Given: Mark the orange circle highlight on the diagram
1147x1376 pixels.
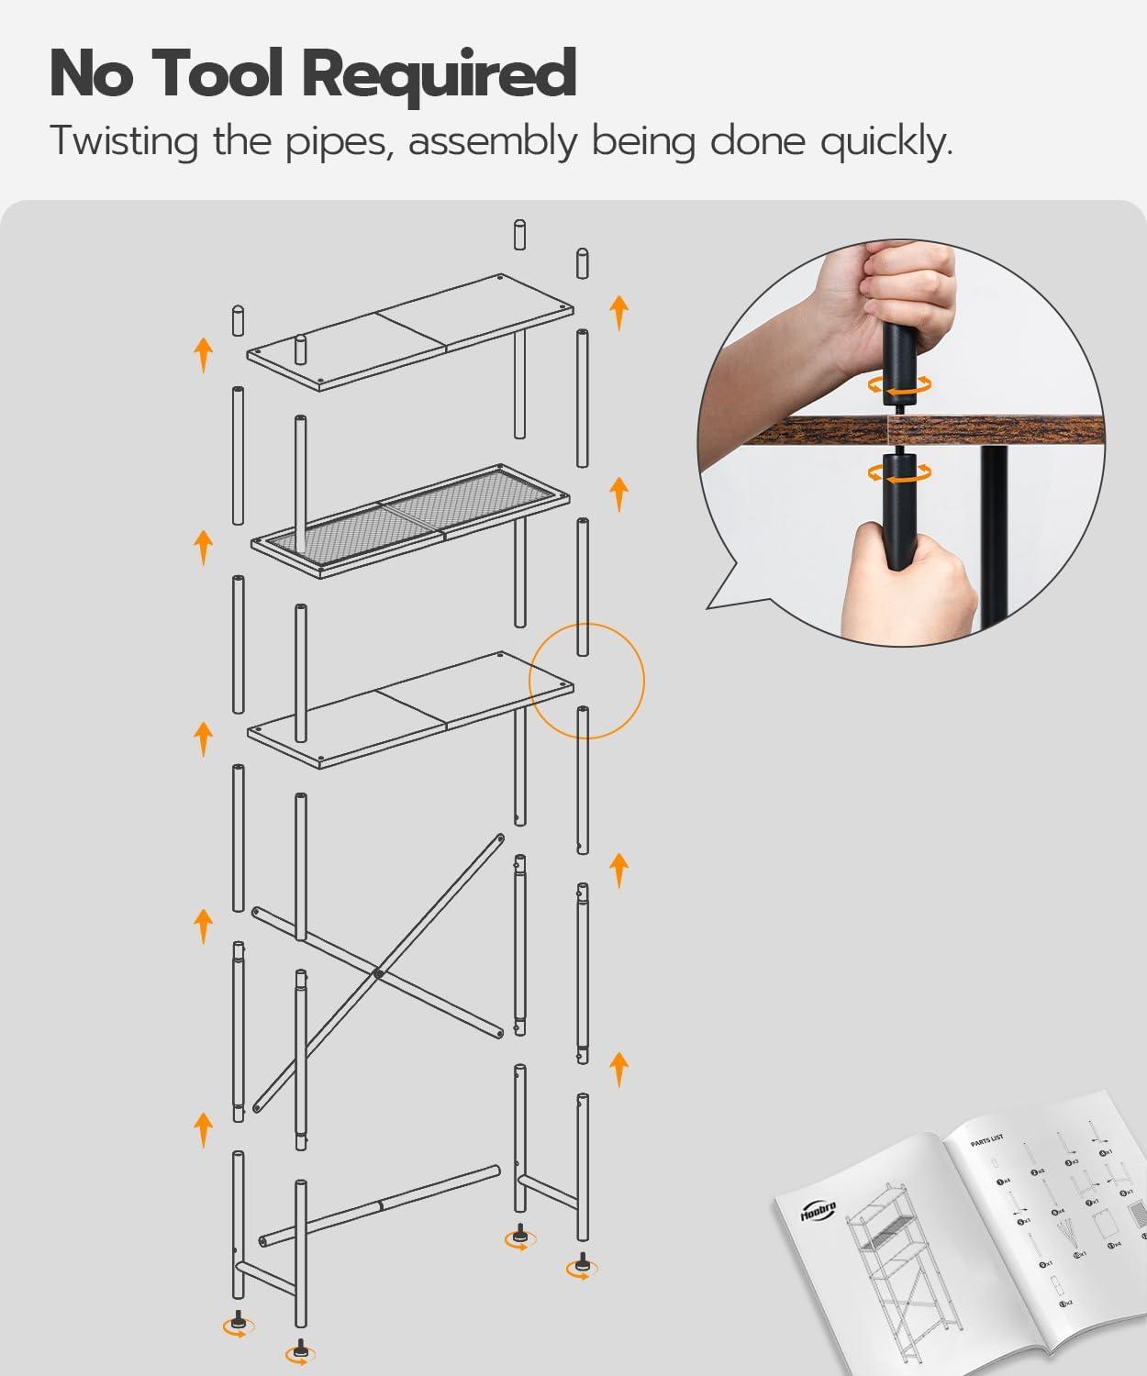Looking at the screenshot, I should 587,681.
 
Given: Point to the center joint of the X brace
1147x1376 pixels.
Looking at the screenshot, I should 377,973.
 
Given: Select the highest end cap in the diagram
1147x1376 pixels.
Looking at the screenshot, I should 519,235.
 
